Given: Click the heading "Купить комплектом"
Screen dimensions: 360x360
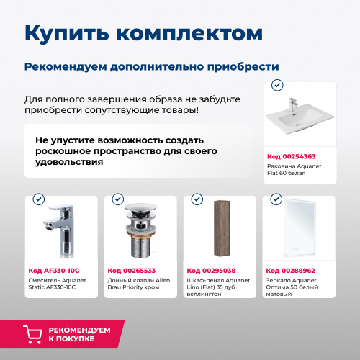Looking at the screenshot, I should tap(139, 34).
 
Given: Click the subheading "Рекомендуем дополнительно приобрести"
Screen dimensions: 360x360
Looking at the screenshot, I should tap(151, 66).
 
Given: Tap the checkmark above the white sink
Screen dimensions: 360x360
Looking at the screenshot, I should tap(277, 85).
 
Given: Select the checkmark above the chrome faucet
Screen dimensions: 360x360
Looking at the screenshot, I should tap(39, 199).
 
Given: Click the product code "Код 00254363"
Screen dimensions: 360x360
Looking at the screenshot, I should tap(292, 156).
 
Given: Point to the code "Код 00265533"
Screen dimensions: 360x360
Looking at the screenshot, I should tap(132, 270).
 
